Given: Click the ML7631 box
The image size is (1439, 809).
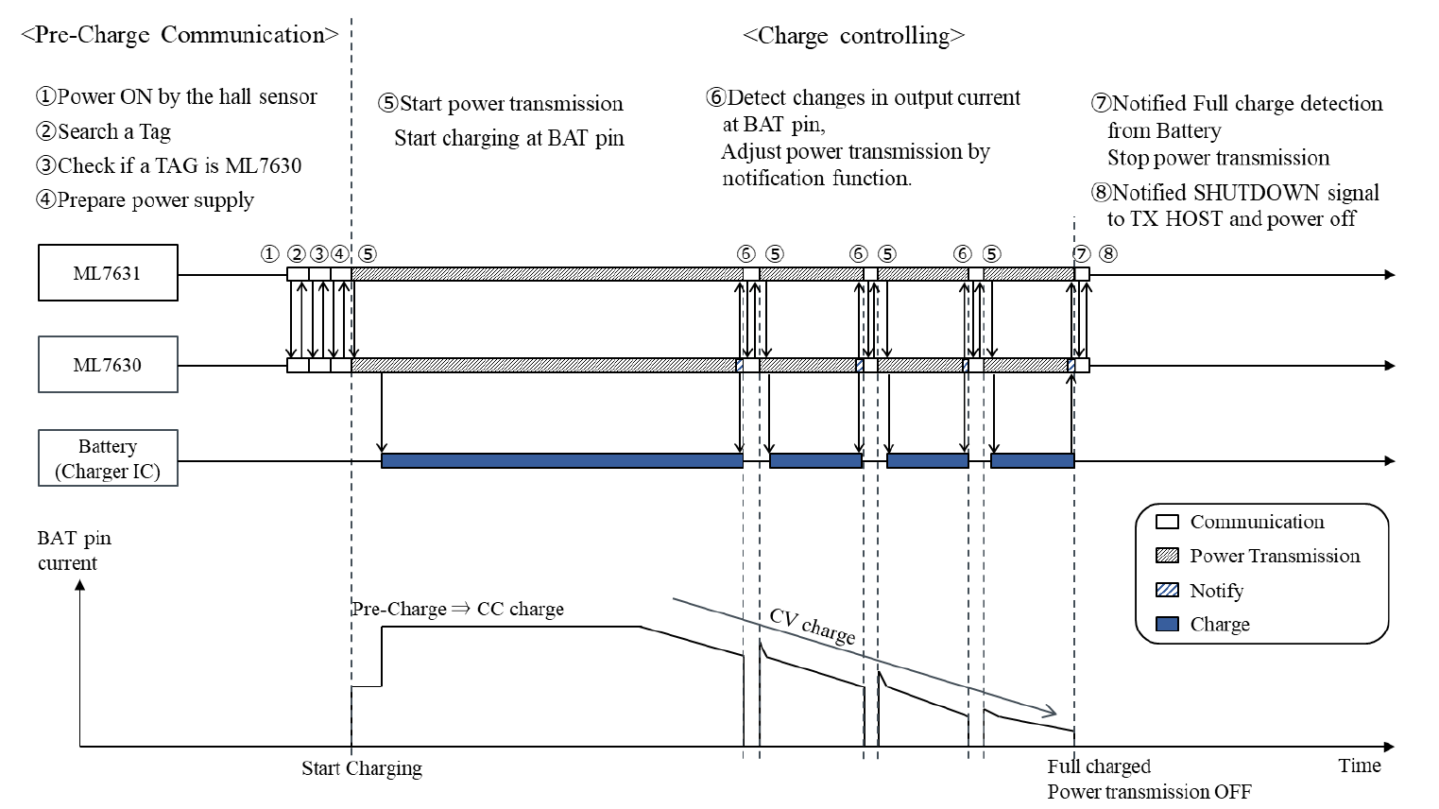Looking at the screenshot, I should [x=108, y=273].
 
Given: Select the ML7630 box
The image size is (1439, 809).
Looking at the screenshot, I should [x=108, y=365].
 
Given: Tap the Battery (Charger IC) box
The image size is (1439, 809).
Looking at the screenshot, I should [x=108, y=458].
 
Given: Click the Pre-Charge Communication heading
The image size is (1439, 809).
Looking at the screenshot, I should [x=180, y=35].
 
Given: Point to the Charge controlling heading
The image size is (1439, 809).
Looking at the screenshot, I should [x=853, y=36].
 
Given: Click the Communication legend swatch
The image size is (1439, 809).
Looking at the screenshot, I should [x=1167, y=522].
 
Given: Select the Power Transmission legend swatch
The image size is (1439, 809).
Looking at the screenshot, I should [x=1167, y=556].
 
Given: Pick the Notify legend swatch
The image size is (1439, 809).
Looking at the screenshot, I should [x=1167, y=591].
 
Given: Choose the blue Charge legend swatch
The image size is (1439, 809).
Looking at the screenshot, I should [x=1167, y=625].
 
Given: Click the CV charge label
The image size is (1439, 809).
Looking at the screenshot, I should [x=812, y=626].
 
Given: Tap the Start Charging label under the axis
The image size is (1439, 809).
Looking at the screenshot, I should [x=362, y=768].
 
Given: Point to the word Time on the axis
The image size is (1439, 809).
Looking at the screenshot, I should [x=1359, y=766].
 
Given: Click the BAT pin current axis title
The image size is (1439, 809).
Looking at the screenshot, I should [x=74, y=550].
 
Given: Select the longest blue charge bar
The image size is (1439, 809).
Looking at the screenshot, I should [x=562, y=460].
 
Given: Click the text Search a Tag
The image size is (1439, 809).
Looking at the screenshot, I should [x=113, y=131].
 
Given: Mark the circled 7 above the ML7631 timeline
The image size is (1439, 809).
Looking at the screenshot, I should [x=1082, y=253].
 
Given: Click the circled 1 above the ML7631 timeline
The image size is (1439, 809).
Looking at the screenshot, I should [x=270, y=253].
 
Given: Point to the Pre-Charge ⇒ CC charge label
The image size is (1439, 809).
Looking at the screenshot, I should [x=457, y=610].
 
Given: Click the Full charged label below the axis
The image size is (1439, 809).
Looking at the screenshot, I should [x=1099, y=766].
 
